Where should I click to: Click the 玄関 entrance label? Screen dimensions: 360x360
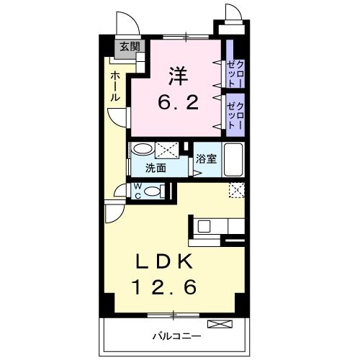coord(130,48)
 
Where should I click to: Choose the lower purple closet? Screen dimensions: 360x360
coord(235,113)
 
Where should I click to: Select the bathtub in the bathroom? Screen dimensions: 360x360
coord(235,159)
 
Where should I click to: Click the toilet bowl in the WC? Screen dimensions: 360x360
coord(150,191)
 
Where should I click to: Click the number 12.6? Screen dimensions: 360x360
coord(164,288)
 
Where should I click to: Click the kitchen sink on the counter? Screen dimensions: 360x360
coord(204,226)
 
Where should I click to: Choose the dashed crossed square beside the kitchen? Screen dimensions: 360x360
coord(236,190)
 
